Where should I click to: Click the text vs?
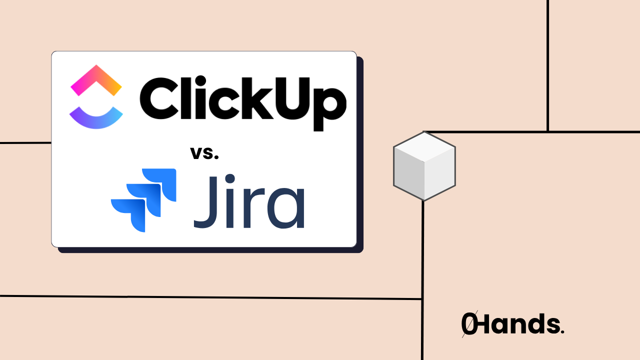pos(204,152)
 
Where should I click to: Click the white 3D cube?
pos(424,165)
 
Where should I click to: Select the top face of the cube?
pos(424,147)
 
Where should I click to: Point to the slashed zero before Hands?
pos(468,324)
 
